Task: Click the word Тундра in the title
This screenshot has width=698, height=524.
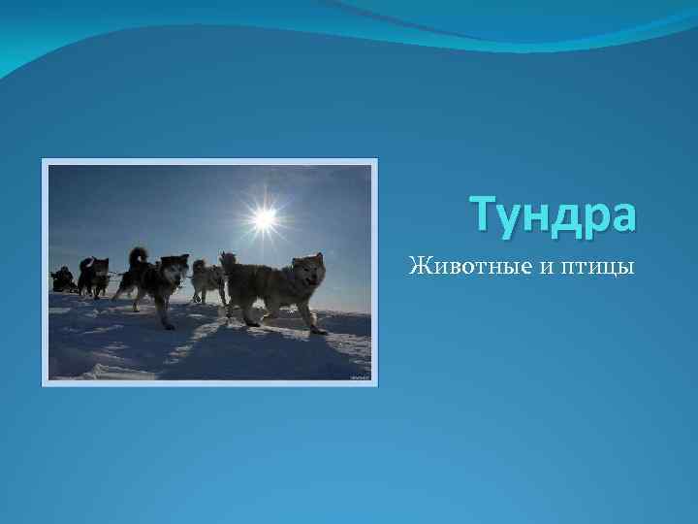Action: tap(554, 215)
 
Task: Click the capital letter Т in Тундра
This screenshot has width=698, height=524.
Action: tap(482, 214)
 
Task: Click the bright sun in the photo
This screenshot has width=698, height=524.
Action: tap(263, 217)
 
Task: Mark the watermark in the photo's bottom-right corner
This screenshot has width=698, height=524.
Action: tap(360, 374)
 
